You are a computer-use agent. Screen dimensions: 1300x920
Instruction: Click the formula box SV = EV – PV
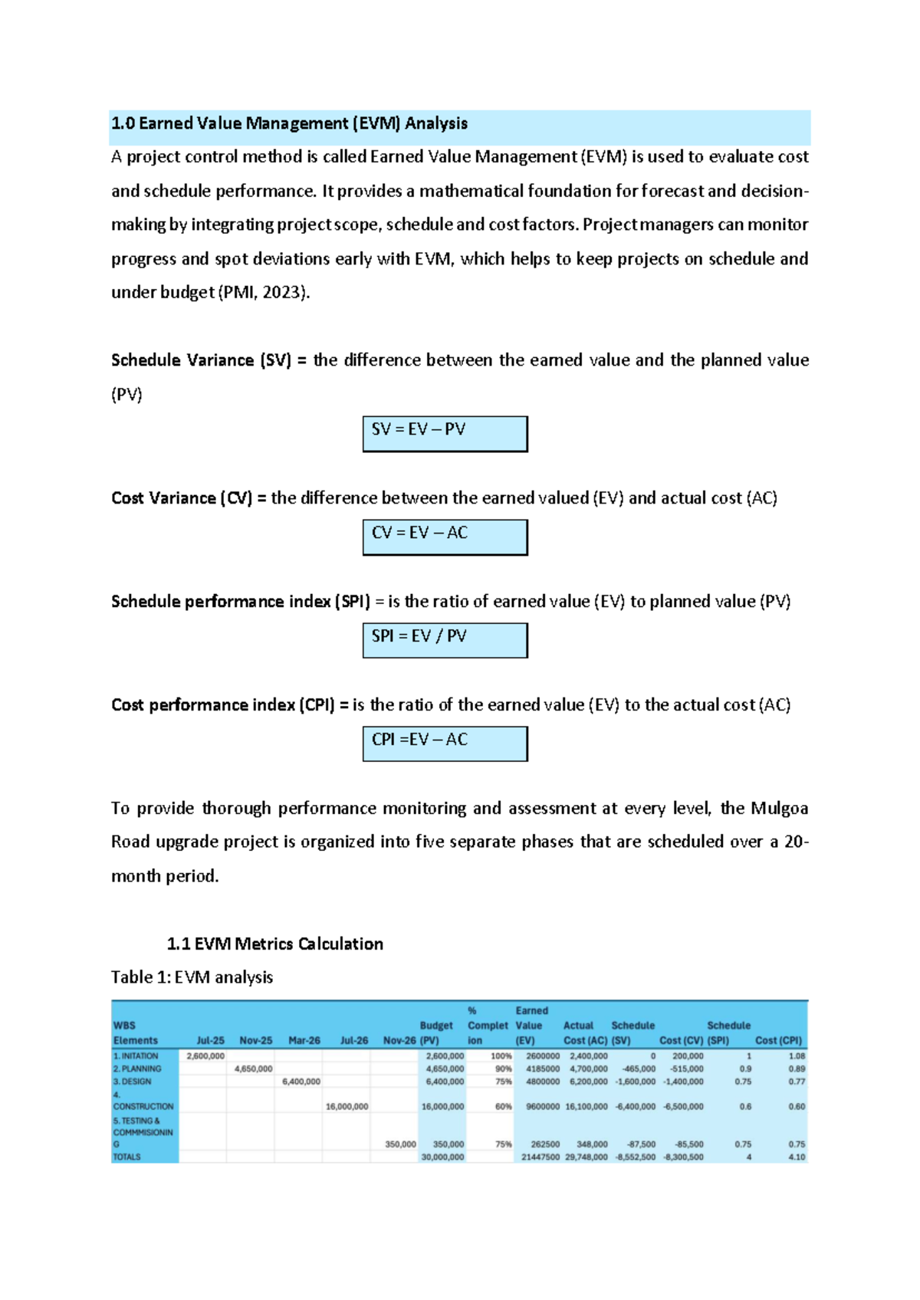click(x=445, y=433)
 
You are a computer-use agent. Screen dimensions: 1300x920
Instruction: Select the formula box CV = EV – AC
click(x=445, y=537)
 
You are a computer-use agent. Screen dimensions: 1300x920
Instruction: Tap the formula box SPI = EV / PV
click(x=445, y=640)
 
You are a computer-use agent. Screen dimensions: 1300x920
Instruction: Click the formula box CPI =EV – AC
click(x=445, y=744)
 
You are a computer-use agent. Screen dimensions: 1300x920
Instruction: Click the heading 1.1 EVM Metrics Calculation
click(x=275, y=944)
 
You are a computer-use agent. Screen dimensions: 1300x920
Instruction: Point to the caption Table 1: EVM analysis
click(x=192, y=977)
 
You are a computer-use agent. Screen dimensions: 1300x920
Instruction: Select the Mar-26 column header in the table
click(x=304, y=1040)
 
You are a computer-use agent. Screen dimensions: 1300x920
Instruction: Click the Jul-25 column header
click(x=210, y=1040)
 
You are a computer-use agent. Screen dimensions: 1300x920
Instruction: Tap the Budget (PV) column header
click(x=437, y=1032)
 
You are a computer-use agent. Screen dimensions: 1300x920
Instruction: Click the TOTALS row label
click(x=127, y=1157)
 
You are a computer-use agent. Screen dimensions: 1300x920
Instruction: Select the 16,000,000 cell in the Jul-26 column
click(x=347, y=1106)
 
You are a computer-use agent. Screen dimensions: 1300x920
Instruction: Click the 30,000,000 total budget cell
click(x=442, y=1157)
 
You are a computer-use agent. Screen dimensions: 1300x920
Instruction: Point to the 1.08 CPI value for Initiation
click(x=797, y=1055)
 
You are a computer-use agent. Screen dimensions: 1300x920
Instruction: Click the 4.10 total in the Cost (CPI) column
click(x=797, y=1157)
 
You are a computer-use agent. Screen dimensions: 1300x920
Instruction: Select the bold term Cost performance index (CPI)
click(x=223, y=705)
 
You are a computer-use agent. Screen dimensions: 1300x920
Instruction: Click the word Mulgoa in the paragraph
click(x=779, y=808)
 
